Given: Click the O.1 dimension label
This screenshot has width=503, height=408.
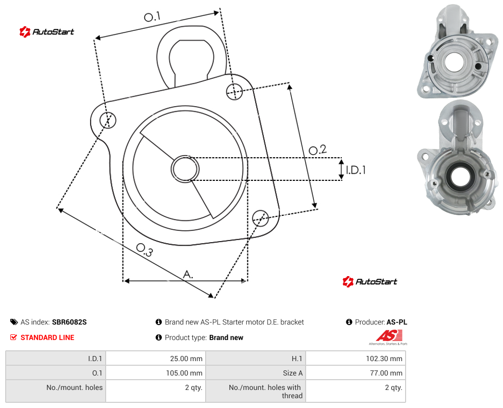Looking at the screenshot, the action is (x=152, y=16).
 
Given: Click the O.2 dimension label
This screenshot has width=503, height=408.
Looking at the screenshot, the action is (x=317, y=149).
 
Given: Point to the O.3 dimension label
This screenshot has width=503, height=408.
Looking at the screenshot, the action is (x=144, y=250).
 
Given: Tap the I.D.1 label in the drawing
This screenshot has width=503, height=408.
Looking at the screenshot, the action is (x=356, y=169).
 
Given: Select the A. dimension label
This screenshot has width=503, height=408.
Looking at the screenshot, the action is (x=188, y=274).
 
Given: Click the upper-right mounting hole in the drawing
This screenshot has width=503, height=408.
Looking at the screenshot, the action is (x=234, y=91).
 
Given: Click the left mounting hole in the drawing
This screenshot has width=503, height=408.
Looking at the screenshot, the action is (x=108, y=120).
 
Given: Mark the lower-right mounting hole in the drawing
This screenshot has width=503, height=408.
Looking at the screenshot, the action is (x=260, y=218).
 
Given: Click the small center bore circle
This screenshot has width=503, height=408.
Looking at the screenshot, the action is (x=185, y=169).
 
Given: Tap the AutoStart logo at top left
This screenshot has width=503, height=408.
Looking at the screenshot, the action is (x=46, y=32).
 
